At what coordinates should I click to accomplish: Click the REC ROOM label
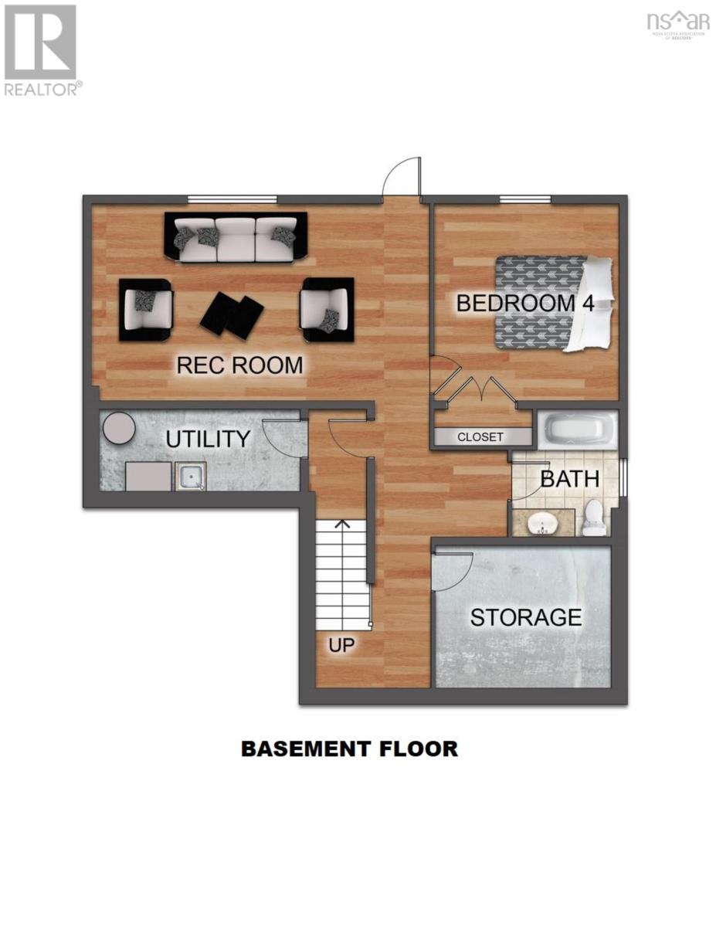tap(239, 365)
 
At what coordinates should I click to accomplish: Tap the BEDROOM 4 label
tap(525, 303)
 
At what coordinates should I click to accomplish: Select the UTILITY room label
tap(208, 440)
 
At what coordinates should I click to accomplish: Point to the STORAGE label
tap(525, 617)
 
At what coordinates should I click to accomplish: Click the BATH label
tap(569, 479)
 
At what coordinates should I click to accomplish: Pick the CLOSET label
tap(480, 437)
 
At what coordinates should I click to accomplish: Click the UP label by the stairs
tap(341, 645)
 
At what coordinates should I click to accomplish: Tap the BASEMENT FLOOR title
tap(349, 749)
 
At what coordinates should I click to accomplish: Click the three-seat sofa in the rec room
tap(236, 236)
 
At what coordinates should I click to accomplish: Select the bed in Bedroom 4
tap(552, 303)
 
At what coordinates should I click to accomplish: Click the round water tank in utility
tap(119, 428)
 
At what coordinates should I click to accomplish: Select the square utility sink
tap(189, 477)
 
